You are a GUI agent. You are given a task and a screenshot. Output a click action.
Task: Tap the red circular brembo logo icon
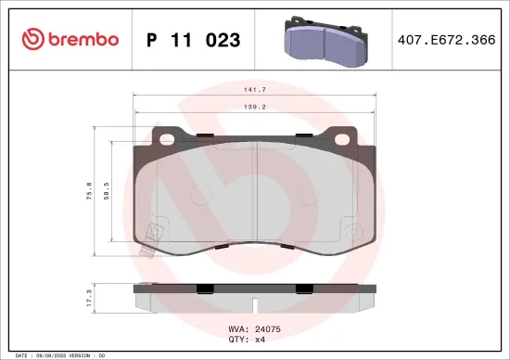(x=32, y=39)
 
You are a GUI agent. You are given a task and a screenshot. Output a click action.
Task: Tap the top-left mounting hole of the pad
(x=171, y=142)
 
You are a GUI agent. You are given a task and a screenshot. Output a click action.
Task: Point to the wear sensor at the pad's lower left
(x=147, y=243)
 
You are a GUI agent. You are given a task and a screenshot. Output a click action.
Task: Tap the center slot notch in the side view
(x=255, y=302)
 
